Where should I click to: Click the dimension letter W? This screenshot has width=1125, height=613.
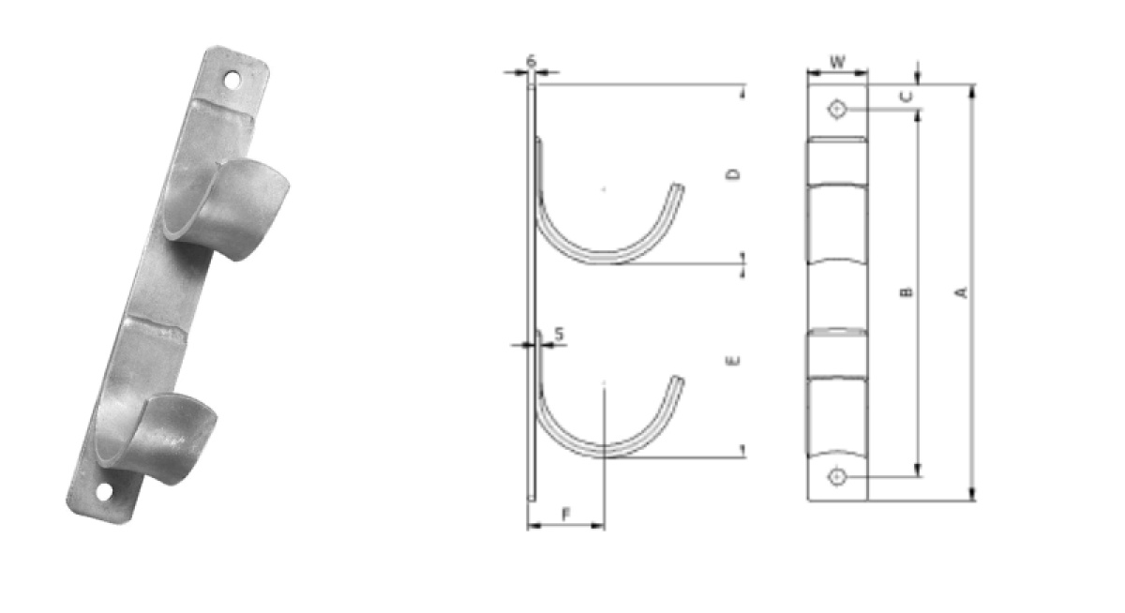tap(836, 62)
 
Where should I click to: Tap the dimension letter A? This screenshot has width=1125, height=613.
tap(962, 292)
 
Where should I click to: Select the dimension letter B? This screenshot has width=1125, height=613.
tap(907, 292)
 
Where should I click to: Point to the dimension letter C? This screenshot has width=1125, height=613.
tap(907, 97)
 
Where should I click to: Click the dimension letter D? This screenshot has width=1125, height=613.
tap(734, 174)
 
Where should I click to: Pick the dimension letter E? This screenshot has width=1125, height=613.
tap(734, 361)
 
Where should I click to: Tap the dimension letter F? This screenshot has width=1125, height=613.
tap(566, 514)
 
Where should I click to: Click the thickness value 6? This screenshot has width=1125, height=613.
tap(532, 61)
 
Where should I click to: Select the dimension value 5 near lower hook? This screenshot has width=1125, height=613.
tap(560, 334)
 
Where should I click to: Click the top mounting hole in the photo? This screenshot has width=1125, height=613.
tap(232, 81)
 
